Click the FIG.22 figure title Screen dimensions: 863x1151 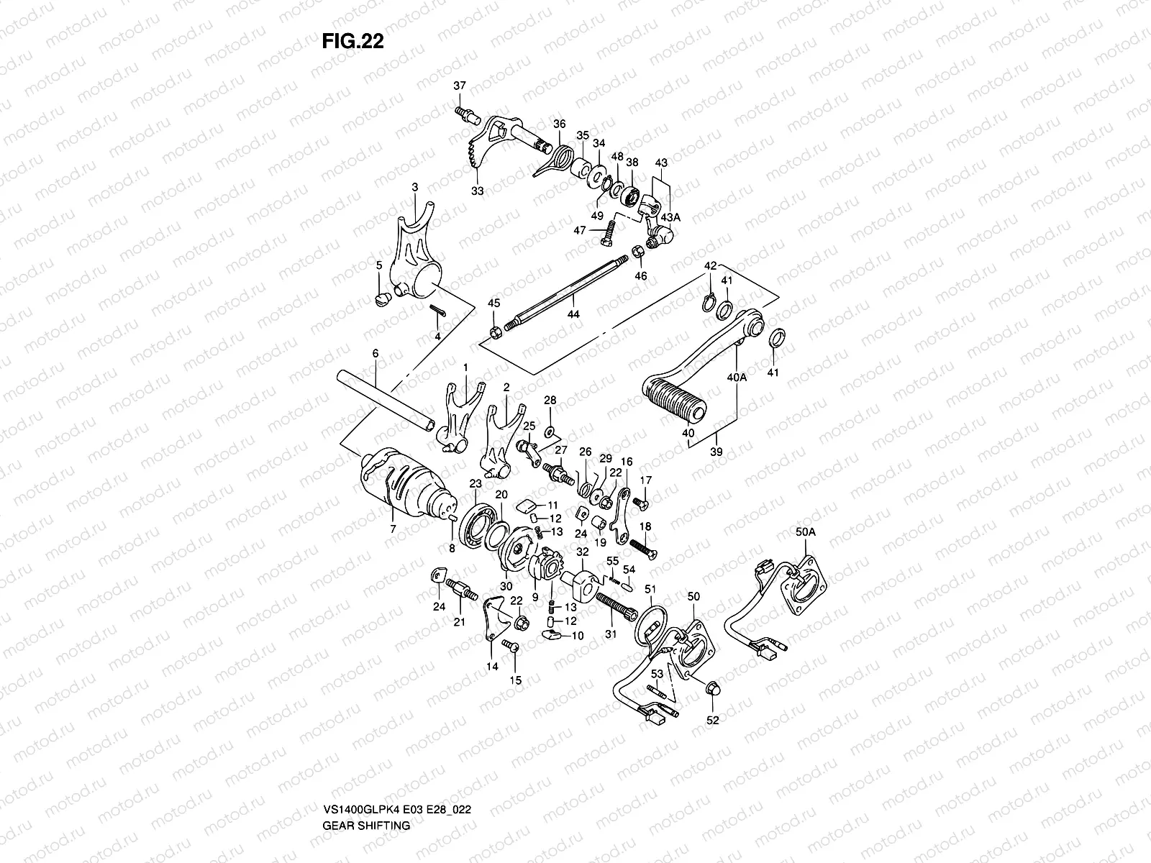pyautogui.click(x=352, y=42)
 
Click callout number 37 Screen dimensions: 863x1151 pyautogui.click(x=460, y=87)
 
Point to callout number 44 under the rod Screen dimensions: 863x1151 pyautogui.click(x=573, y=314)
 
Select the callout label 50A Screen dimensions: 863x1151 pyautogui.click(x=806, y=533)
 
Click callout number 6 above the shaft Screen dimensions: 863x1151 pyautogui.click(x=375, y=353)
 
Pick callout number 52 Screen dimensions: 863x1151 pyautogui.click(x=713, y=718)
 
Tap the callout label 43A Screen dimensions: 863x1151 pyautogui.click(x=670, y=216)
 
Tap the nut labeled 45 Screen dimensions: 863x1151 pyautogui.click(x=495, y=332)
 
